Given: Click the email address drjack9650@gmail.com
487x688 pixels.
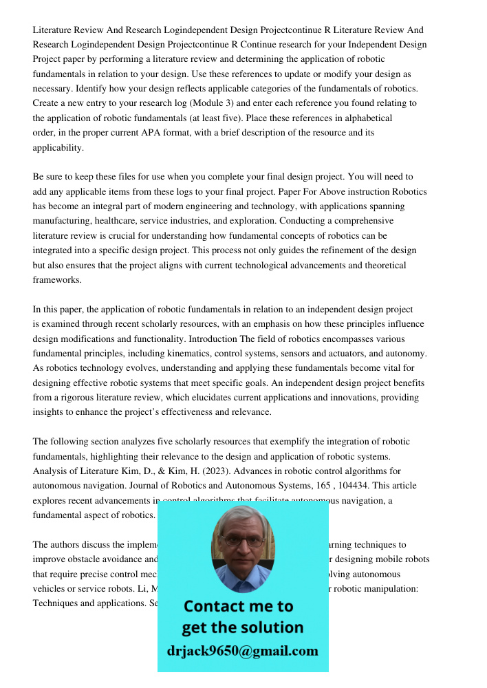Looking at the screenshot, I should [243, 651].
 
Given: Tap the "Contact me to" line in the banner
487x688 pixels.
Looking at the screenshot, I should [238, 606].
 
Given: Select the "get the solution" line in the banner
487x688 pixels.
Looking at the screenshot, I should [242, 627].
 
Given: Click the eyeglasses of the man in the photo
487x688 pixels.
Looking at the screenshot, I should [243, 541].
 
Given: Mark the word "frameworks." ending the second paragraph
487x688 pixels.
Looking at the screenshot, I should [57, 280].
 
